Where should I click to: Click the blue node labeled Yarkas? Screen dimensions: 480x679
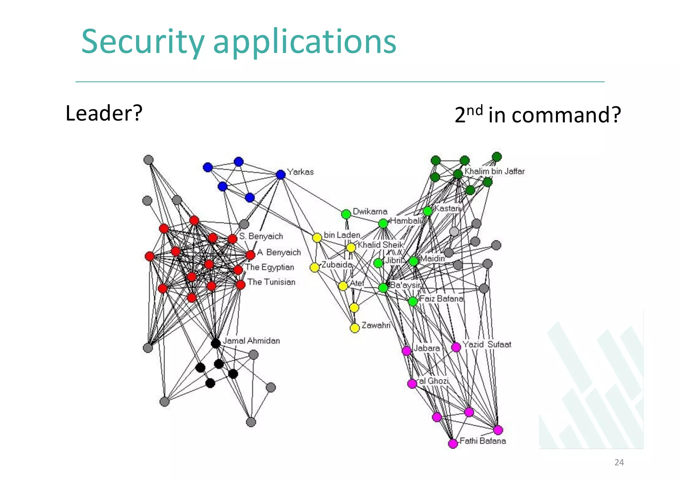click(280, 174)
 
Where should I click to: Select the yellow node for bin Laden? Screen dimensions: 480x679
click(317, 237)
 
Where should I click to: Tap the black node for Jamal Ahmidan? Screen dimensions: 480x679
click(216, 343)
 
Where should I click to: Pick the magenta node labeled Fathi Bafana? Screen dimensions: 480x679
click(453, 444)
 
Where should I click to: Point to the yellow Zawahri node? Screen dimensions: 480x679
click(355, 328)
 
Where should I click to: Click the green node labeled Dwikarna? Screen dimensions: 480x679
click(346, 214)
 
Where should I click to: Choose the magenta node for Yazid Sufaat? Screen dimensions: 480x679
click(456, 347)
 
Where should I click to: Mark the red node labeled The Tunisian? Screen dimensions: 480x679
click(241, 284)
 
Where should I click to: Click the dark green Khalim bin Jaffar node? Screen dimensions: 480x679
click(458, 174)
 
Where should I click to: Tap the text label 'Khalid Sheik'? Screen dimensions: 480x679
click(380, 245)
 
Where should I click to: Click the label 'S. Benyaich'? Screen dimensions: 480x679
click(261, 236)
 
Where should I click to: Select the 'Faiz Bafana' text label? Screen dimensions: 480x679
click(441, 299)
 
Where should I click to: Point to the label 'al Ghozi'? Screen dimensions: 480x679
click(434, 381)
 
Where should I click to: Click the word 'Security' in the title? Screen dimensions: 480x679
click(143, 42)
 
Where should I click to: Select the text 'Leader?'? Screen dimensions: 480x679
click(104, 113)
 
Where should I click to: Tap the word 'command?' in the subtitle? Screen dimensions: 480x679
click(566, 115)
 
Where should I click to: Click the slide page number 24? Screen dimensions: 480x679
click(619, 462)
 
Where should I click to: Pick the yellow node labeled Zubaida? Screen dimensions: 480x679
click(314, 267)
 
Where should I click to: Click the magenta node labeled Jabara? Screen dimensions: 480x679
click(406, 350)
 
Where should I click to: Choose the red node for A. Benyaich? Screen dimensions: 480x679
click(250, 255)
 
